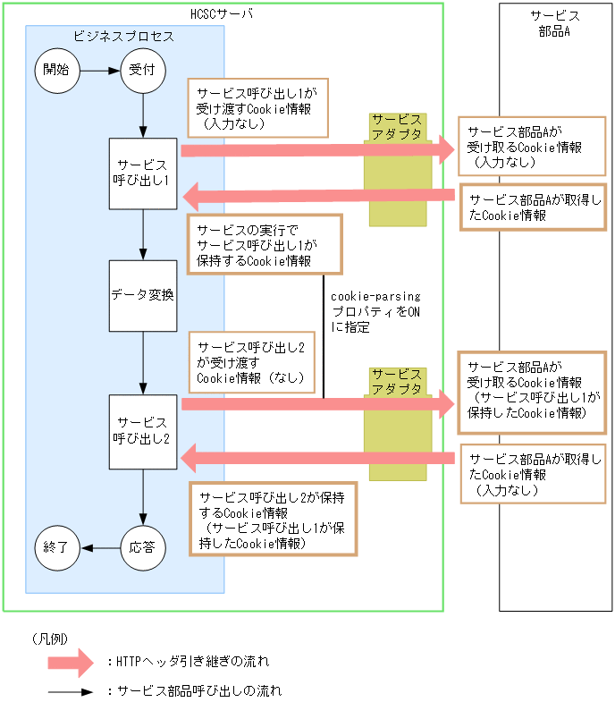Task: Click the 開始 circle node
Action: coord(55,70)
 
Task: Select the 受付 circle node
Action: coord(143,70)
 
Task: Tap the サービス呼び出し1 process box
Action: coord(143,174)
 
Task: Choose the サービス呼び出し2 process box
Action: coord(143,431)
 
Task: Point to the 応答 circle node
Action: coord(143,546)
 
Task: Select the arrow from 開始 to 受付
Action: coord(99,70)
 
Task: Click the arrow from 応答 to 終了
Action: coord(99,546)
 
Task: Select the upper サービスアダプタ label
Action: coord(397,126)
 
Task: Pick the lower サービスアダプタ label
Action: coord(397,381)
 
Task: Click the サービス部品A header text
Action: coord(554,22)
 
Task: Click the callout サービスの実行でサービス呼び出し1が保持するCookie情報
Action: coord(265,244)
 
